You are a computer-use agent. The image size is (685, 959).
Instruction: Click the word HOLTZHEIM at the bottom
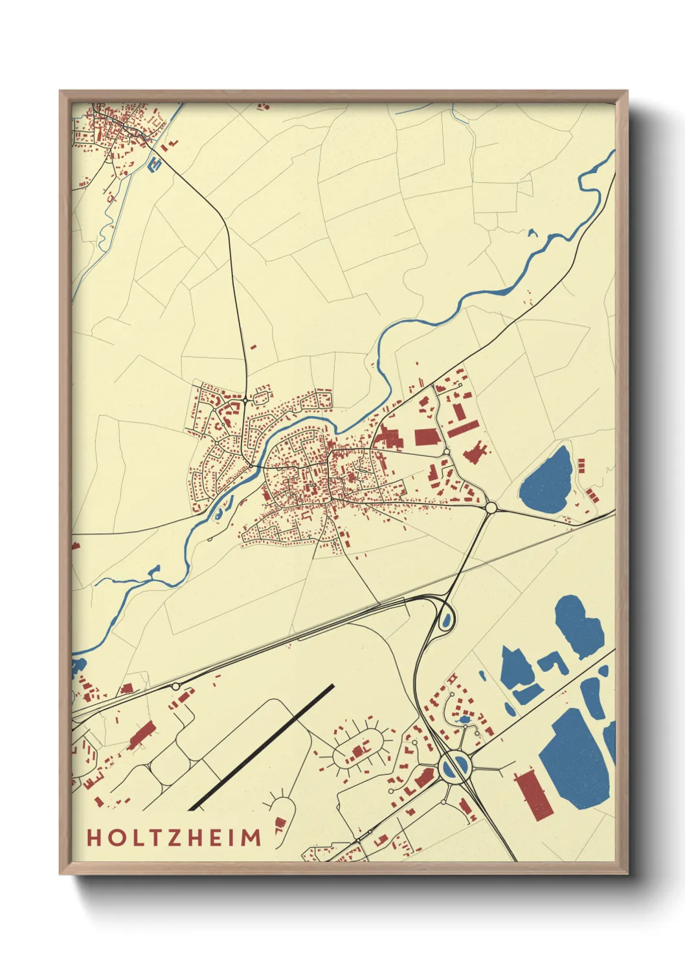click(174, 837)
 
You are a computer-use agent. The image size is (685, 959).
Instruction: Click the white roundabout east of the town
click(490, 507)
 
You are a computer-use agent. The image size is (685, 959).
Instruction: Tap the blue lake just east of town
click(547, 480)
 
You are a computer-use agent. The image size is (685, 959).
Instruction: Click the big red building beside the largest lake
click(534, 794)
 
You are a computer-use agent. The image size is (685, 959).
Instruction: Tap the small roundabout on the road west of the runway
click(175, 686)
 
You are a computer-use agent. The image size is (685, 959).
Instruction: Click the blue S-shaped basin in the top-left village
click(155, 163)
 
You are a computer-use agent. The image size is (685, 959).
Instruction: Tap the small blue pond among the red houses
click(463, 721)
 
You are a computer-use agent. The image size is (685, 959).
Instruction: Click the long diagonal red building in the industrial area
click(463, 429)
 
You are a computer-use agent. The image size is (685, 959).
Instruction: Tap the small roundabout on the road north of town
click(246, 401)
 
